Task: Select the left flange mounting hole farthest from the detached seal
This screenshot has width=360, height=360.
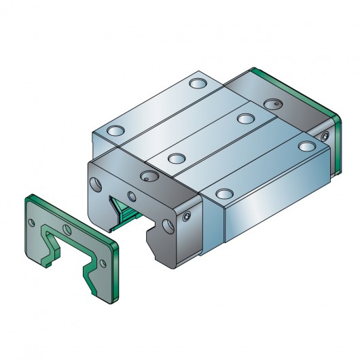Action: pyautogui.click(x=198, y=84)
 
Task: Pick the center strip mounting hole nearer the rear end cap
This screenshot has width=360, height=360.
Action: pyautogui.click(x=245, y=118)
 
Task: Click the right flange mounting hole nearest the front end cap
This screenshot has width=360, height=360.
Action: pyautogui.click(x=221, y=194)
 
